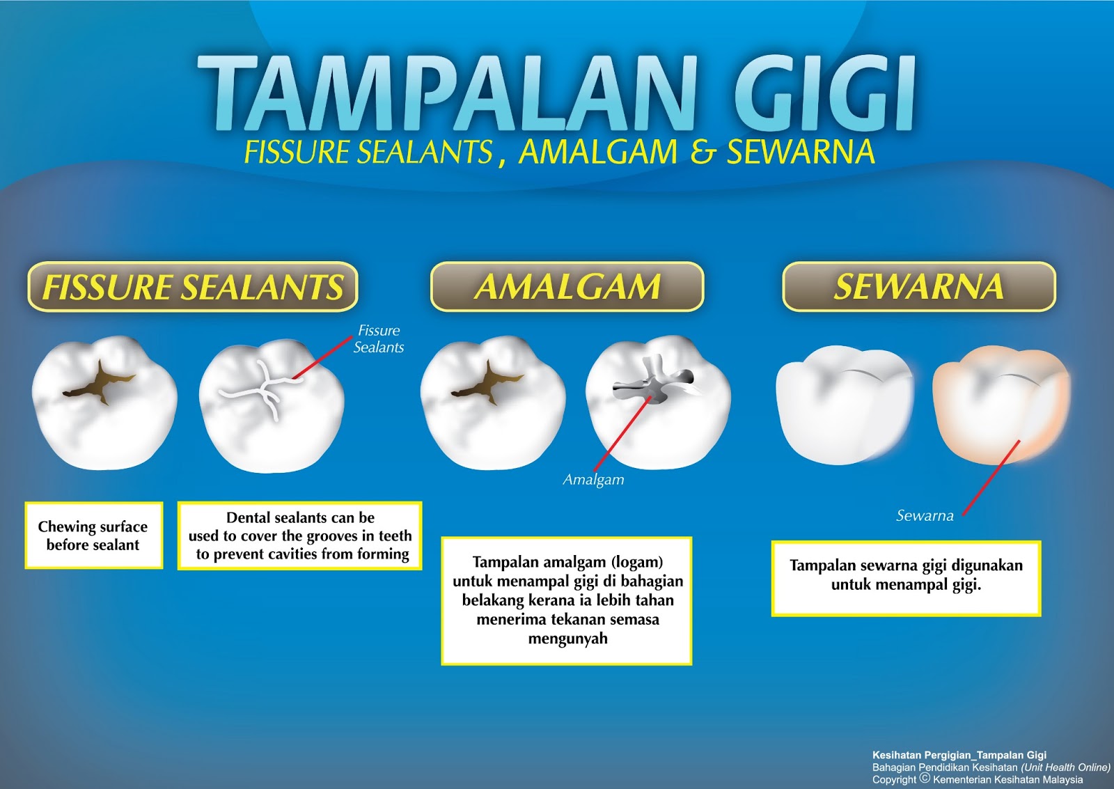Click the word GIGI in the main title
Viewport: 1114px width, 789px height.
tap(824, 93)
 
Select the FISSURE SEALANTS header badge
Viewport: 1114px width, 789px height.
tap(193, 286)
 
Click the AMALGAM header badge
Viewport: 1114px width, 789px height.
tap(567, 286)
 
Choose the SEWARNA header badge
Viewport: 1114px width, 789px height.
tap(918, 286)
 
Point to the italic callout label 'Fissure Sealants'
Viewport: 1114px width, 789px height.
tap(379, 338)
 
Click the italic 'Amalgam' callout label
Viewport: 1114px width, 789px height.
tap(593, 480)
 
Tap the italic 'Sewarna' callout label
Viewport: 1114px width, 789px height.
tap(925, 515)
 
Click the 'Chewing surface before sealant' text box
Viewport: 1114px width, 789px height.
tap(94, 536)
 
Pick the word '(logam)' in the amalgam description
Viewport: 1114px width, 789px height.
tap(638, 562)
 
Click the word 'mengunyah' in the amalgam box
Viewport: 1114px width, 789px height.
tap(567, 639)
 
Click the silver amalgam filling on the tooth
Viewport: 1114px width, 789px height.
tap(652, 382)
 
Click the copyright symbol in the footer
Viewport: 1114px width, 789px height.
tap(925, 778)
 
